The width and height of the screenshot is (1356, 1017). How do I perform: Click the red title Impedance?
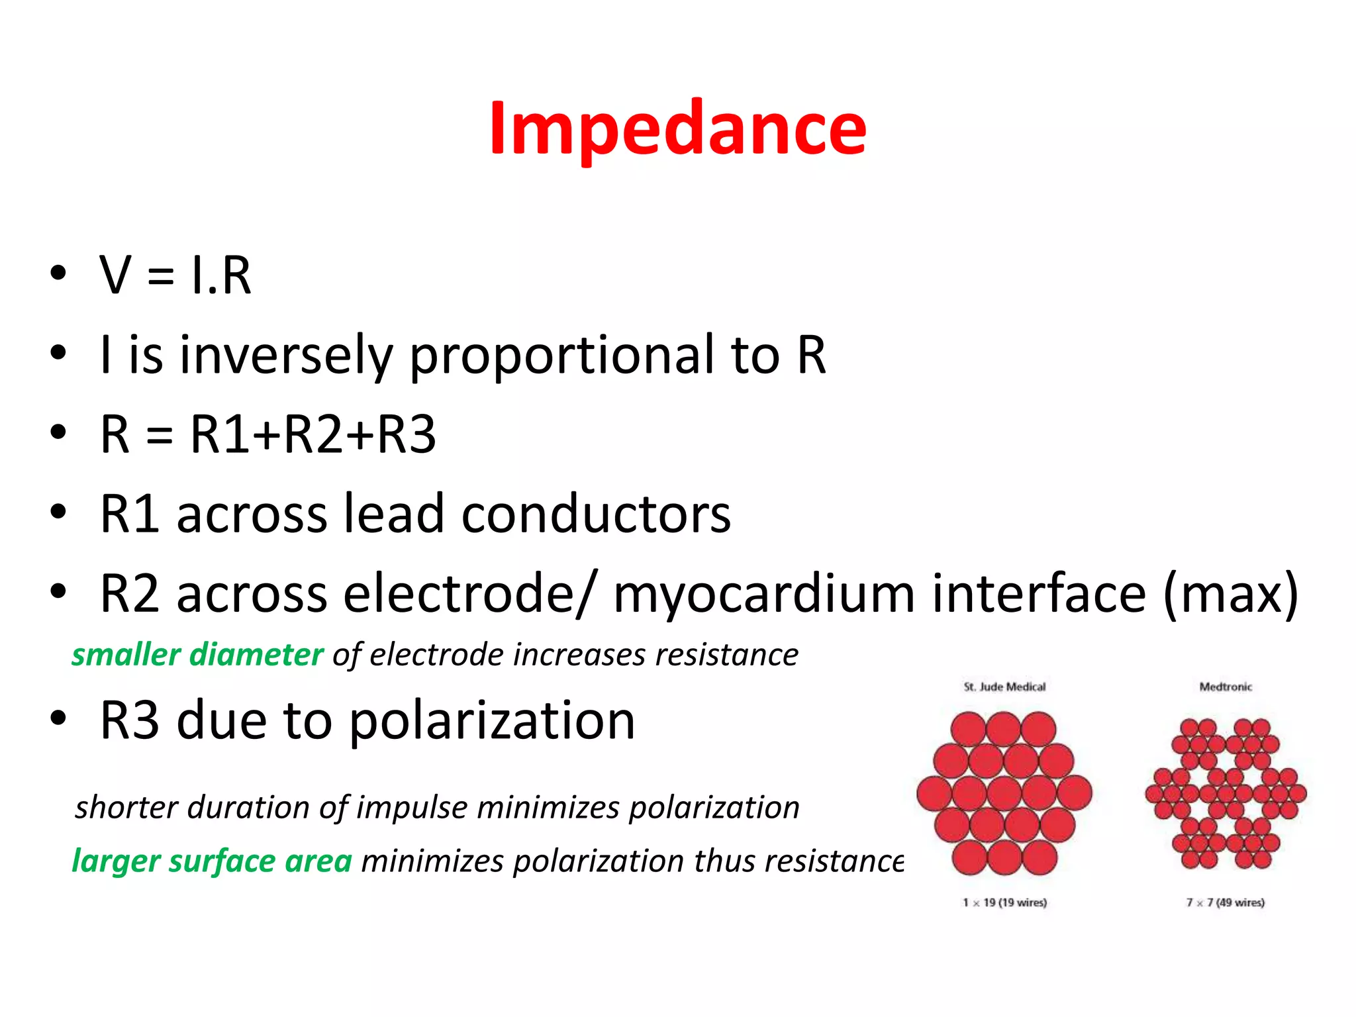(x=677, y=129)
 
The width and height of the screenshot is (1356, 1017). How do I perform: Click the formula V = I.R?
(x=175, y=275)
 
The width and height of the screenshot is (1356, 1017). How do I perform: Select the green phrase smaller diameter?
(x=197, y=655)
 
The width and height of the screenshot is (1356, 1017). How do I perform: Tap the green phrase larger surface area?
(x=212, y=861)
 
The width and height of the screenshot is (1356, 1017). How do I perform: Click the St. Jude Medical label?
(x=1004, y=687)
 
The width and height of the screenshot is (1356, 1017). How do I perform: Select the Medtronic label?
(x=1226, y=687)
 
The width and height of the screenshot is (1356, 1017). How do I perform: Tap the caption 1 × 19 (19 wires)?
(x=1004, y=902)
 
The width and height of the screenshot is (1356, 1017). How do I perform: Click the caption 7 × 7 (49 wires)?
(x=1226, y=902)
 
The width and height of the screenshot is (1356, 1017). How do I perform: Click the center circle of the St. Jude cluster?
(x=1004, y=793)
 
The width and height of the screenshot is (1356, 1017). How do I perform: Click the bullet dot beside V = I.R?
(x=58, y=273)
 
